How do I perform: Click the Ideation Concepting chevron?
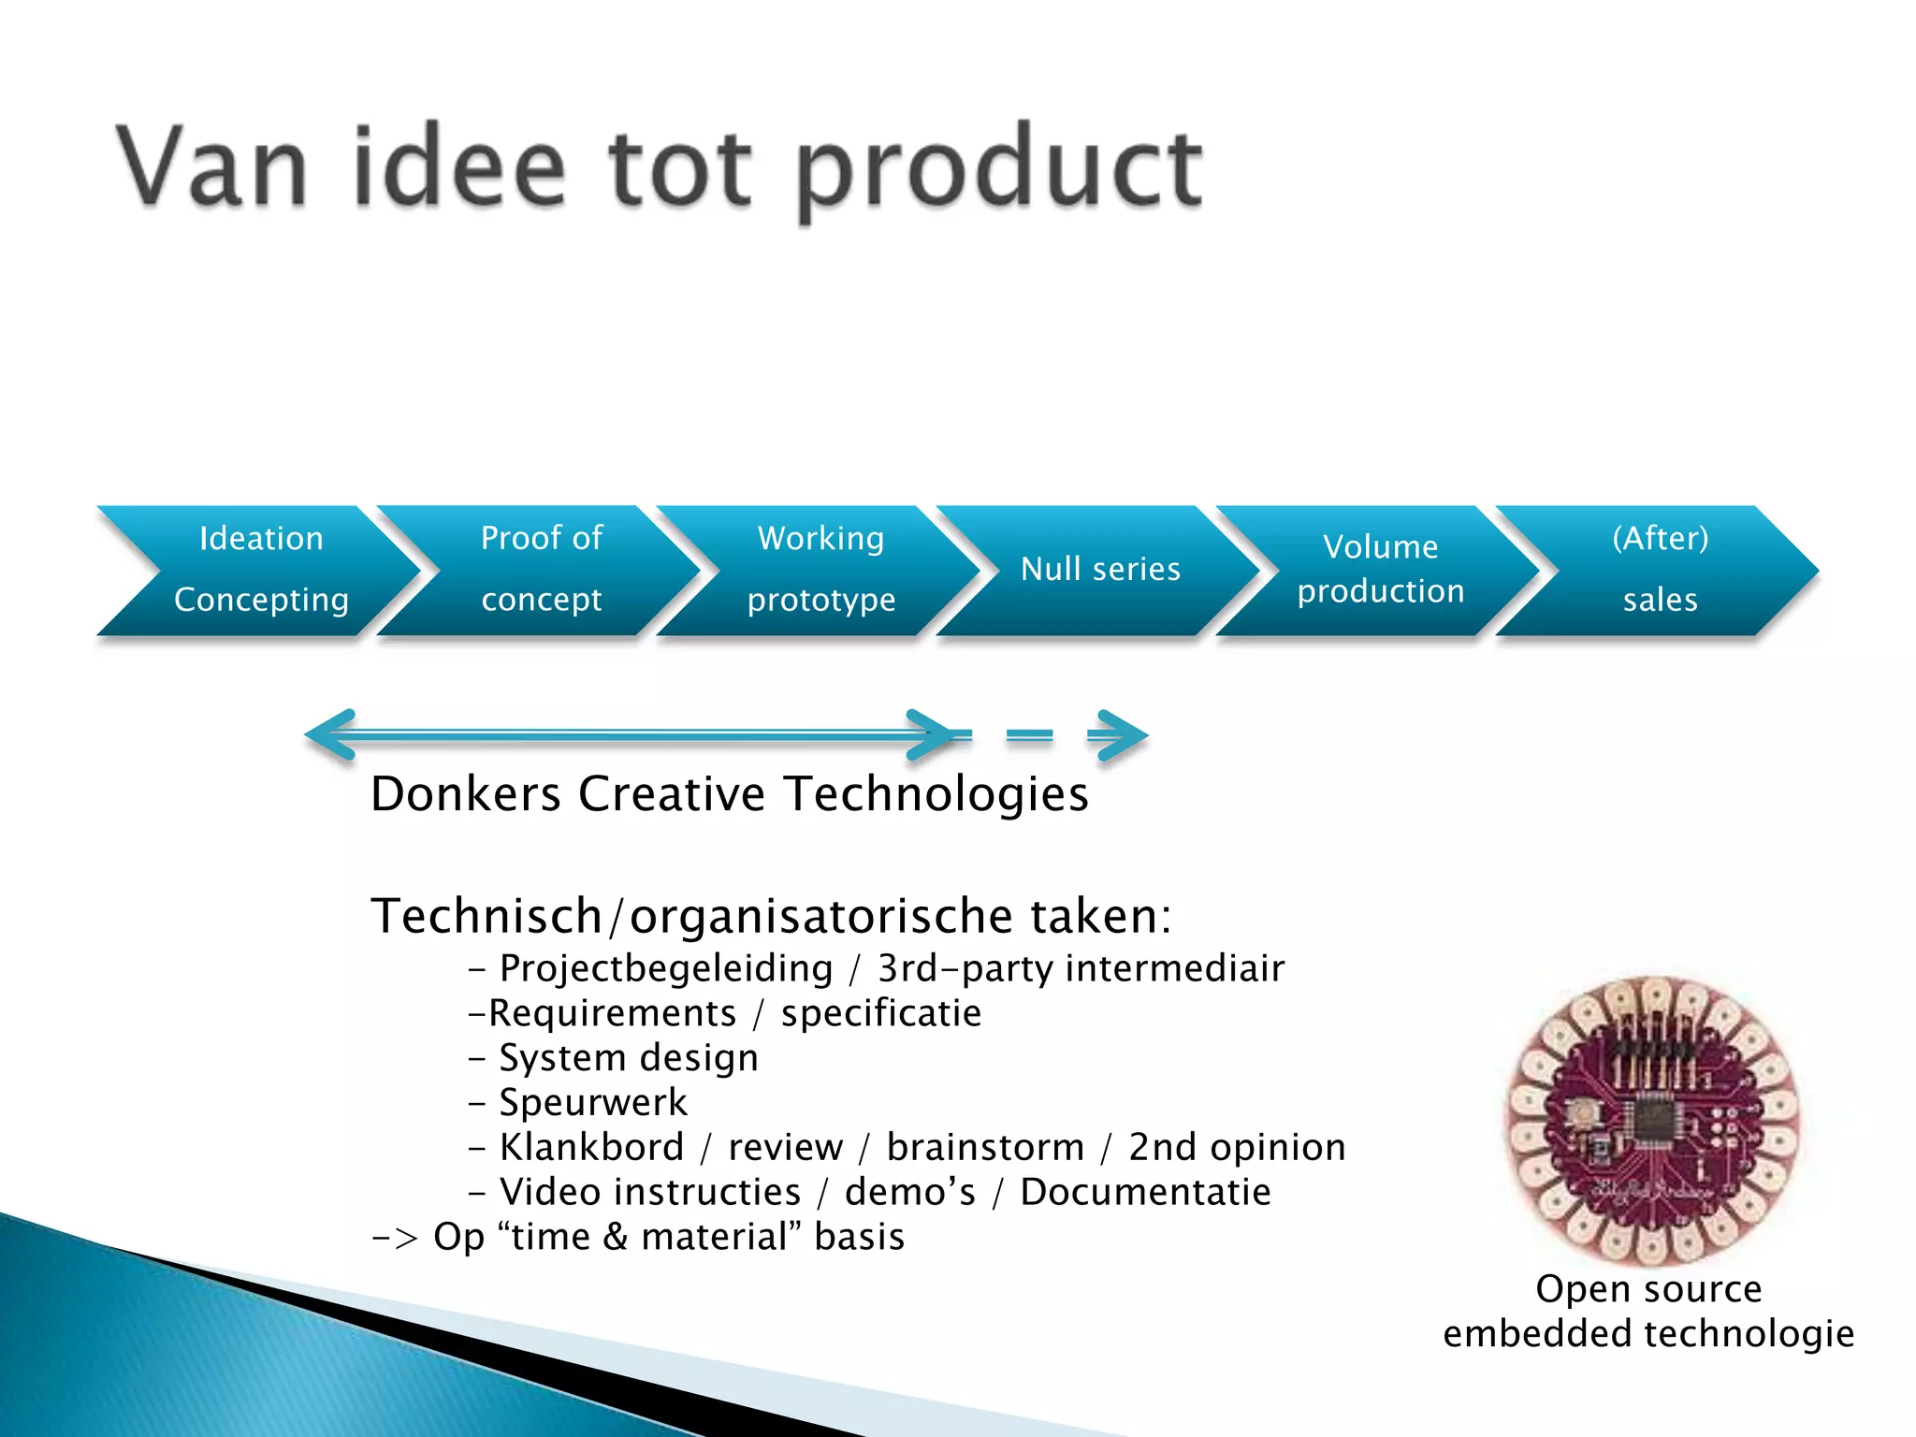260,570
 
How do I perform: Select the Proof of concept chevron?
541,570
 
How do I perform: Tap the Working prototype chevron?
820,570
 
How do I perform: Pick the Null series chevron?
1100,570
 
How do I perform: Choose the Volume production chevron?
1380,570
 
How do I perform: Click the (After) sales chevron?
1660,570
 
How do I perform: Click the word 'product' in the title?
999,170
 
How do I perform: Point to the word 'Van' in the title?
211,168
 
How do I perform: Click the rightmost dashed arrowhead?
1120,735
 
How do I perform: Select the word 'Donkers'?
465,794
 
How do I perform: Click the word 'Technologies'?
936,794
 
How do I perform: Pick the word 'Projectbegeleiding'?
665,968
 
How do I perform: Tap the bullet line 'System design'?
628,1058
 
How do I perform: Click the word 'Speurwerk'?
593,1103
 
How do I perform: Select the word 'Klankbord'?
591,1148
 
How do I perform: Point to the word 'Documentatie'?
1145,1193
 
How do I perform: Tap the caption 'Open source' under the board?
1648,1289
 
